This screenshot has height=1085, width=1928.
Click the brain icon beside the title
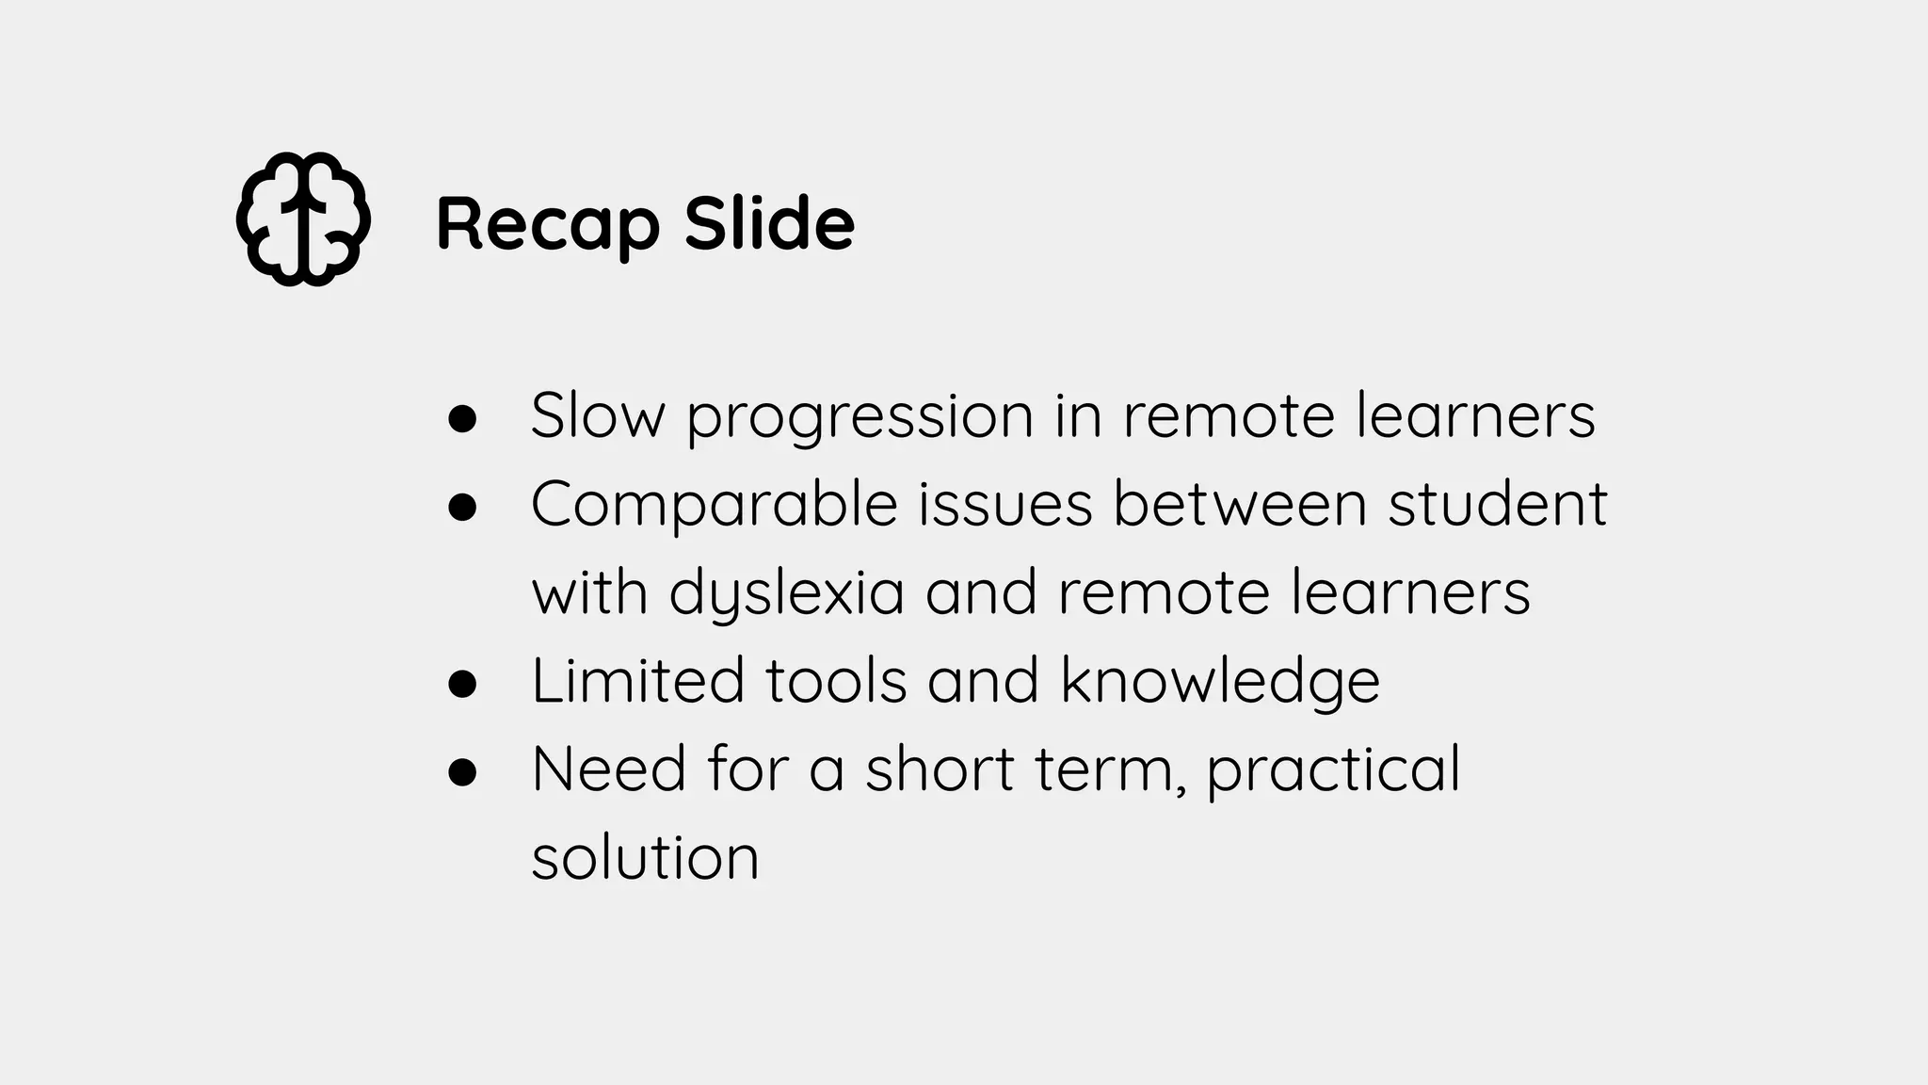pyautogui.click(x=302, y=219)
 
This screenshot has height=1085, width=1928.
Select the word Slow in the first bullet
pyautogui.click(x=597, y=415)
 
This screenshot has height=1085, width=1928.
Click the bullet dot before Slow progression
pyautogui.click(x=462, y=418)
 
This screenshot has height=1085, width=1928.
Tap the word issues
pyautogui.click(x=1004, y=504)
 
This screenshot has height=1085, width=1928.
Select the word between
pyautogui.click(x=1240, y=504)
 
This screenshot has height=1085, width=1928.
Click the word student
pyautogui.click(x=1497, y=504)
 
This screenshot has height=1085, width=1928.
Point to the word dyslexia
pyautogui.click(x=786, y=594)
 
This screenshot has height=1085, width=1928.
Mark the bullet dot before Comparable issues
pyautogui.click(x=462, y=507)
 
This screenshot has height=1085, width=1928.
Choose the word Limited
pyautogui.click(x=637, y=680)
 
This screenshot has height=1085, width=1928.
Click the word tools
pyautogui.click(x=836, y=680)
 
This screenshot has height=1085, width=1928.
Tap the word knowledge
pyautogui.click(x=1220, y=682)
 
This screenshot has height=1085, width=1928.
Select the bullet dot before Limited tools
pyautogui.click(x=462, y=683)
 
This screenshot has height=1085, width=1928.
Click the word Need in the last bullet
pyautogui.click(x=609, y=769)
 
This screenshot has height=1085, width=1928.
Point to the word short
pyautogui.click(x=940, y=769)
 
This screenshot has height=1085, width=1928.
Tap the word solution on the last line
pyautogui.click(x=645, y=858)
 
